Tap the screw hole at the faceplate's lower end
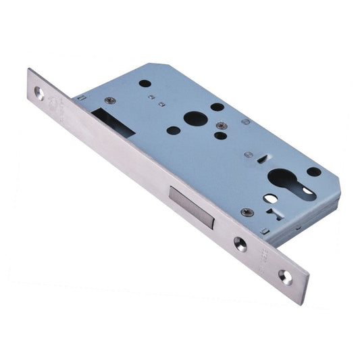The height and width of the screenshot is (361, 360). pos(285,276)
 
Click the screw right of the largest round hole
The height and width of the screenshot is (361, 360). pos(221,125)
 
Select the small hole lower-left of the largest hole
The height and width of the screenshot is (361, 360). pos(174,130)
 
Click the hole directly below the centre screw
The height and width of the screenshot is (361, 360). pos(220,135)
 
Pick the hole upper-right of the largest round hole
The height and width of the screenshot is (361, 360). pos(216,107)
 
